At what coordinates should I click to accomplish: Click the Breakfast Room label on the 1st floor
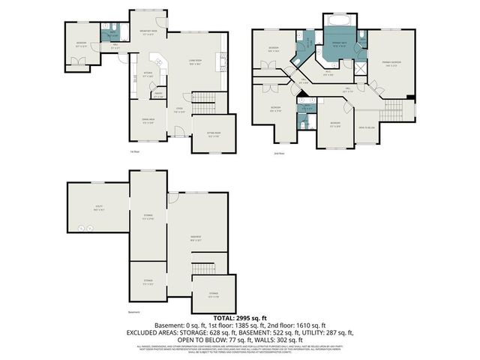[x=147, y=32]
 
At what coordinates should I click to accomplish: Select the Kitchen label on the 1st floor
[x=148, y=75]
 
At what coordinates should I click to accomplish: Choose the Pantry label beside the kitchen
[x=157, y=95]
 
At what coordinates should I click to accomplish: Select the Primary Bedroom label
[x=390, y=63]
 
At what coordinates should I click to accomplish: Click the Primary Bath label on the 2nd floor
[x=340, y=45]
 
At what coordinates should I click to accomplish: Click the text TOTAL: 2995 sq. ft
[x=239, y=318]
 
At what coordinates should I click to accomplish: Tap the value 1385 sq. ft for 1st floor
[x=237, y=325]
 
